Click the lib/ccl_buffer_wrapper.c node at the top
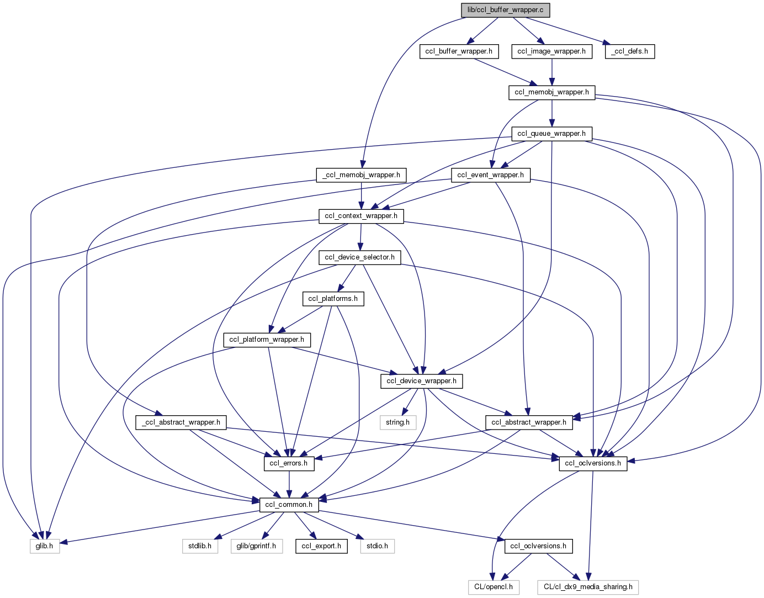coord(505,10)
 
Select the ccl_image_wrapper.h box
coord(551,51)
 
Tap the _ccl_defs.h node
coord(629,51)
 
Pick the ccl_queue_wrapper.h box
coord(551,134)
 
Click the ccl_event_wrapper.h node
coord(491,175)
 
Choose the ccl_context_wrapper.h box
coord(361,216)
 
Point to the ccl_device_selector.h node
coord(359,257)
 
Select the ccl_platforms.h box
coord(333,299)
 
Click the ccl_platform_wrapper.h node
coord(267,340)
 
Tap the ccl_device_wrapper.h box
coord(421,381)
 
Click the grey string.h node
coord(397,422)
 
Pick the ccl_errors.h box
coord(289,463)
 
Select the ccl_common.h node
coord(289,505)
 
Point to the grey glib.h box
coord(44,546)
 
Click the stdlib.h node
coord(200,546)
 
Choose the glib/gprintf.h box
coord(256,546)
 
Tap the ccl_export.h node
coord(321,546)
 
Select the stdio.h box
coord(378,546)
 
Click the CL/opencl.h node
coord(494,587)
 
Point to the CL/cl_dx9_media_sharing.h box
coord(588,587)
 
